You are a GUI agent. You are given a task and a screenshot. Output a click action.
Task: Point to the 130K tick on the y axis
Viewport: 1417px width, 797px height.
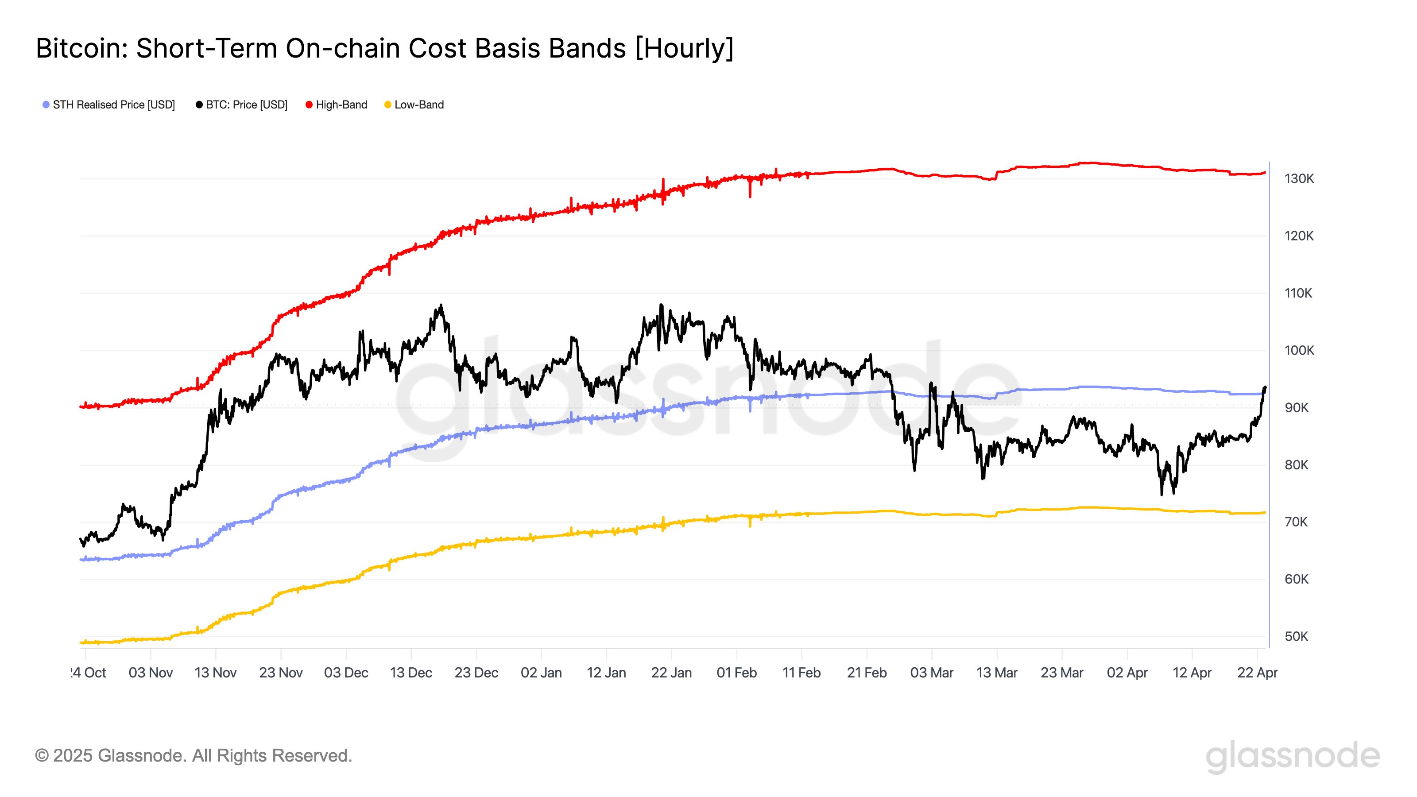[x=1299, y=179]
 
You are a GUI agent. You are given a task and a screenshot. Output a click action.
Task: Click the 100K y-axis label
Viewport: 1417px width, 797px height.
[x=1299, y=350]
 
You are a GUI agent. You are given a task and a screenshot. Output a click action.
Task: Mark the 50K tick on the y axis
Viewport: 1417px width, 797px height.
[x=1296, y=636]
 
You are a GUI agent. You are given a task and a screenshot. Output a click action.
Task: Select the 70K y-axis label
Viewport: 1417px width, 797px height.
[x=1296, y=522]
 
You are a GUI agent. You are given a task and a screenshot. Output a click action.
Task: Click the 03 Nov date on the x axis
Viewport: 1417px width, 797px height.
[x=151, y=673]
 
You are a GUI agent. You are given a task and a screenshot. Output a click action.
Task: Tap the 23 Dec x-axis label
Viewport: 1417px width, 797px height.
[x=476, y=673]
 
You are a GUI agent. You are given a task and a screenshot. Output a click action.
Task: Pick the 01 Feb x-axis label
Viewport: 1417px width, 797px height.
[x=736, y=673]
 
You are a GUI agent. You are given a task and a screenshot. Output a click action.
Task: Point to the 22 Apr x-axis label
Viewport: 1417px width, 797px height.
[x=1257, y=673]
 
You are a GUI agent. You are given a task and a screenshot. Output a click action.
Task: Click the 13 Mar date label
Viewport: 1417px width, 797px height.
[x=997, y=673]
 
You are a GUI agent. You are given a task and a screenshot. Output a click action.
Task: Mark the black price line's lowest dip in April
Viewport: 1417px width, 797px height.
[x=1162, y=493]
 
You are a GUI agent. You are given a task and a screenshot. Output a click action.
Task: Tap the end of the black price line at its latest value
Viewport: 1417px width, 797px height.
[x=1265, y=388]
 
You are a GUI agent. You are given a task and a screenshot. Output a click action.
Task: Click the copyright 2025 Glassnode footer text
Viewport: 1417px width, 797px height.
[x=193, y=756]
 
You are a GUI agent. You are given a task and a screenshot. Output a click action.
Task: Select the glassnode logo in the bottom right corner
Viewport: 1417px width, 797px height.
[x=1293, y=756]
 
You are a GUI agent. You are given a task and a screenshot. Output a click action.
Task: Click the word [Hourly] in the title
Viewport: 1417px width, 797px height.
[x=684, y=48]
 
